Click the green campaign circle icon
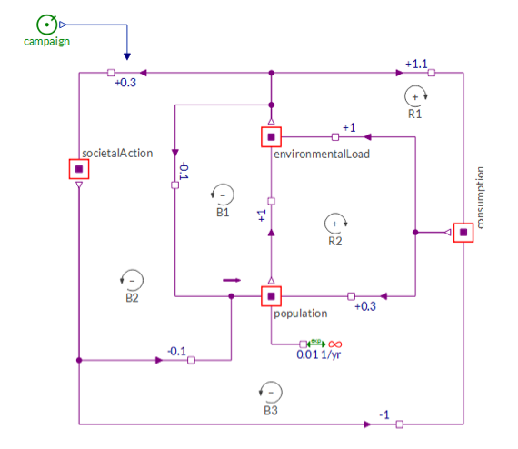coord(46,25)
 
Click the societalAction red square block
coord(79,169)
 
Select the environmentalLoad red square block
coord(271,136)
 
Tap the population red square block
coord(271,296)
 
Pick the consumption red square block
coord(463,233)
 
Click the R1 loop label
coord(415,114)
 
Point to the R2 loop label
coord(335,241)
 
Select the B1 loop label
coord(223,212)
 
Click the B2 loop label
coord(132,298)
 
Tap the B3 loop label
coord(271,411)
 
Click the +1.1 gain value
coord(416,64)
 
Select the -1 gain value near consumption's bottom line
coord(384,414)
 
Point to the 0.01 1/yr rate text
coord(318,354)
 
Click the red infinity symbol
coord(335,344)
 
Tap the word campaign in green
coord(47,42)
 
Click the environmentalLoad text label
coord(322,154)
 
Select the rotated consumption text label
coord(480,198)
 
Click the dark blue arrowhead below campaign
coord(127,56)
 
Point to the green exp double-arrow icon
coord(316,344)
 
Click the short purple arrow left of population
coord(232,280)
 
